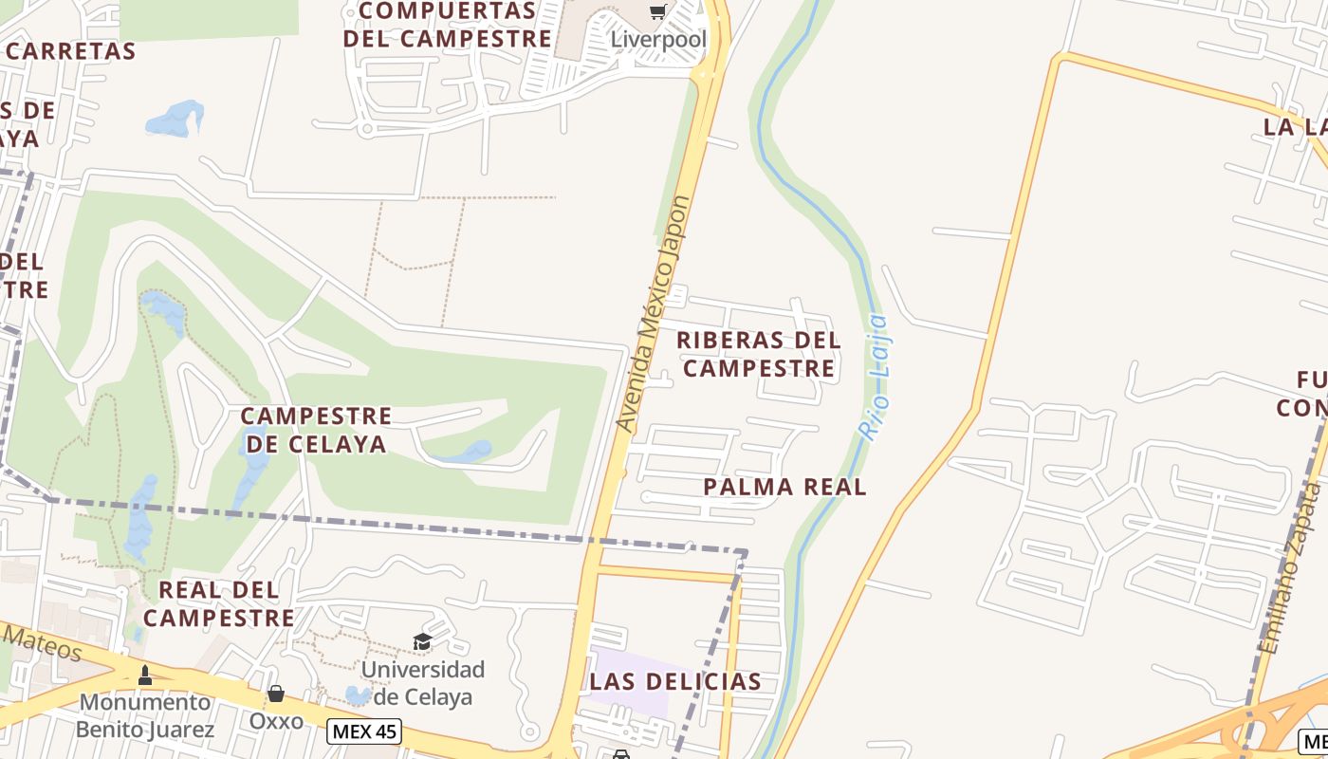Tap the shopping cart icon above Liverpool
click(x=657, y=11)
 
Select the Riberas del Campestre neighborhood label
click(x=760, y=354)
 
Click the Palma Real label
click(x=785, y=487)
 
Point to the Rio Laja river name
click(x=874, y=377)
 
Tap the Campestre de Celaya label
click(x=316, y=430)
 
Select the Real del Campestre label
click(x=219, y=603)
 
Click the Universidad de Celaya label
click(x=423, y=683)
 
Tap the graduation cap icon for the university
click(x=422, y=642)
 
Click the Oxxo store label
click(x=276, y=721)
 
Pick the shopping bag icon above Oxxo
click(x=276, y=694)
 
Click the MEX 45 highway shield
click(x=364, y=731)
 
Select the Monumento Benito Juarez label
click(x=146, y=715)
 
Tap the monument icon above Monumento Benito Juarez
click(x=145, y=675)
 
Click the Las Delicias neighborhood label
click(x=675, y=681)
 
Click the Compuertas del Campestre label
click(x=448, y=25)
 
